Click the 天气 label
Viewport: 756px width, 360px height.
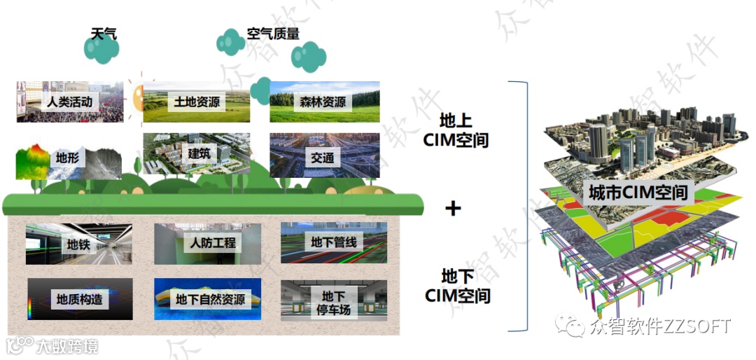point(104,34)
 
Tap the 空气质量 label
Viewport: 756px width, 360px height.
point(273,34)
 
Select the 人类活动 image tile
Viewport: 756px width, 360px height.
point(70,102)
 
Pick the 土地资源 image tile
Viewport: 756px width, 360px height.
point(197,102)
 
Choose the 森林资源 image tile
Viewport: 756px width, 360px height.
point(324,102)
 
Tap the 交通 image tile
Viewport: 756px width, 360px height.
point(324,156)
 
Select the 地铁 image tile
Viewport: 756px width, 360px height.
point(78,244)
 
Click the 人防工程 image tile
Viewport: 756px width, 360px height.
point(207,244)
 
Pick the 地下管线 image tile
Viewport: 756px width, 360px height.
point(334,243)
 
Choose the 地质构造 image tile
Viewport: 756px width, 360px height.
point(79,299)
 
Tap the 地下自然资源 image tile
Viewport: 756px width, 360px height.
point(207,299)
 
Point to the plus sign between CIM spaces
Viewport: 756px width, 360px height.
point(454,208)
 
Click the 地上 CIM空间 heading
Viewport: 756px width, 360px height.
point(456,130)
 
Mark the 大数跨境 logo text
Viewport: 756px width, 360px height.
point(66,346)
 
